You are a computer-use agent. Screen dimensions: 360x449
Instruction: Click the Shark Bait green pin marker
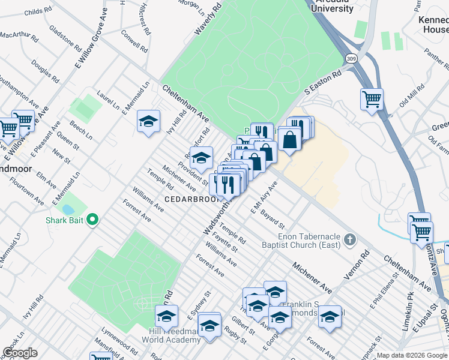point(92,220)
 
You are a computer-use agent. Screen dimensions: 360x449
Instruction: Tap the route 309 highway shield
point(351,58)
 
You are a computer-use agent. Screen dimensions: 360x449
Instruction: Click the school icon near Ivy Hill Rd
point(148,122)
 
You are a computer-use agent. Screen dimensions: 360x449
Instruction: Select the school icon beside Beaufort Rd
point(202,158)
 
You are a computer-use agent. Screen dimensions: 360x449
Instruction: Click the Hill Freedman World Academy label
point(171,335)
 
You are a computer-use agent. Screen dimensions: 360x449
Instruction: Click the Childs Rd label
point(38,11)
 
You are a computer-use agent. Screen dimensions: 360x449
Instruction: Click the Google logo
point(20,353)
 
